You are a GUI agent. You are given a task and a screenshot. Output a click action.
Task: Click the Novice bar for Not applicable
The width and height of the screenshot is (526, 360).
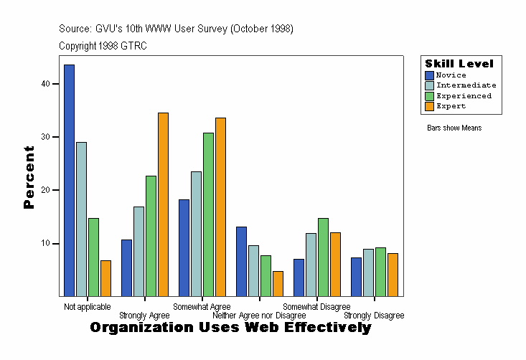click(69, 180)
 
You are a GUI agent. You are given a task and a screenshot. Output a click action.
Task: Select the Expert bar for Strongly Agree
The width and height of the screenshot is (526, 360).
click(163, 204)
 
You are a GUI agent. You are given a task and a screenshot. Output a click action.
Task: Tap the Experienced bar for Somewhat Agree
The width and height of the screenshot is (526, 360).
click(208, 214)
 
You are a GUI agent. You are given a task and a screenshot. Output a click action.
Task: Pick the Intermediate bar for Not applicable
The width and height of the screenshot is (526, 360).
click(81, 219)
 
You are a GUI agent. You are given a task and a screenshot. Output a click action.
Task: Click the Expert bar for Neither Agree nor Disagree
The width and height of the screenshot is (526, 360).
click(278, 283)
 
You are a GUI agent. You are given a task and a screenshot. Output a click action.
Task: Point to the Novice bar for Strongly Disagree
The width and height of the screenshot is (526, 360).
click(356, 277)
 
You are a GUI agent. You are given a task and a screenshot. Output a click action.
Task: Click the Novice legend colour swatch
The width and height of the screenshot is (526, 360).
click(429, 75)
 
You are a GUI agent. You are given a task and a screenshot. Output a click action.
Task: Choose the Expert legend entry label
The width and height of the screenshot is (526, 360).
click(451, 106)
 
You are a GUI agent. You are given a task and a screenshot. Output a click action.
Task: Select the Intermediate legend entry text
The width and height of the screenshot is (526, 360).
click(466, 85)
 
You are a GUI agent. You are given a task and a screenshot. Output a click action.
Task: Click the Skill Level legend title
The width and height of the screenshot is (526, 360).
click(459, 64)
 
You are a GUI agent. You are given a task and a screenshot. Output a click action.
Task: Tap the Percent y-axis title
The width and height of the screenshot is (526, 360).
click(29, 177)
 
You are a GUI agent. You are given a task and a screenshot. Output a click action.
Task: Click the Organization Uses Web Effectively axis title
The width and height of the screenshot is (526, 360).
click(230, 328)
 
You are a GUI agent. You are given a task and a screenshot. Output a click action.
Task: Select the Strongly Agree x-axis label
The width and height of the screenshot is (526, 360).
click(144, 316)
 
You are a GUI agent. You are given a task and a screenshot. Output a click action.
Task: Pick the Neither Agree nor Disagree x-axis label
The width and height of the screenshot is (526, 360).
click(259, 316)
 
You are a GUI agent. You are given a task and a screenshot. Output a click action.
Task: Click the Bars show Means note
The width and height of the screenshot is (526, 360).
click(454, 128)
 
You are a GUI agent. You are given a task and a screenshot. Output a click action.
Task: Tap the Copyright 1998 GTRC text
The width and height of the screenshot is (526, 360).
click(103, 46)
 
